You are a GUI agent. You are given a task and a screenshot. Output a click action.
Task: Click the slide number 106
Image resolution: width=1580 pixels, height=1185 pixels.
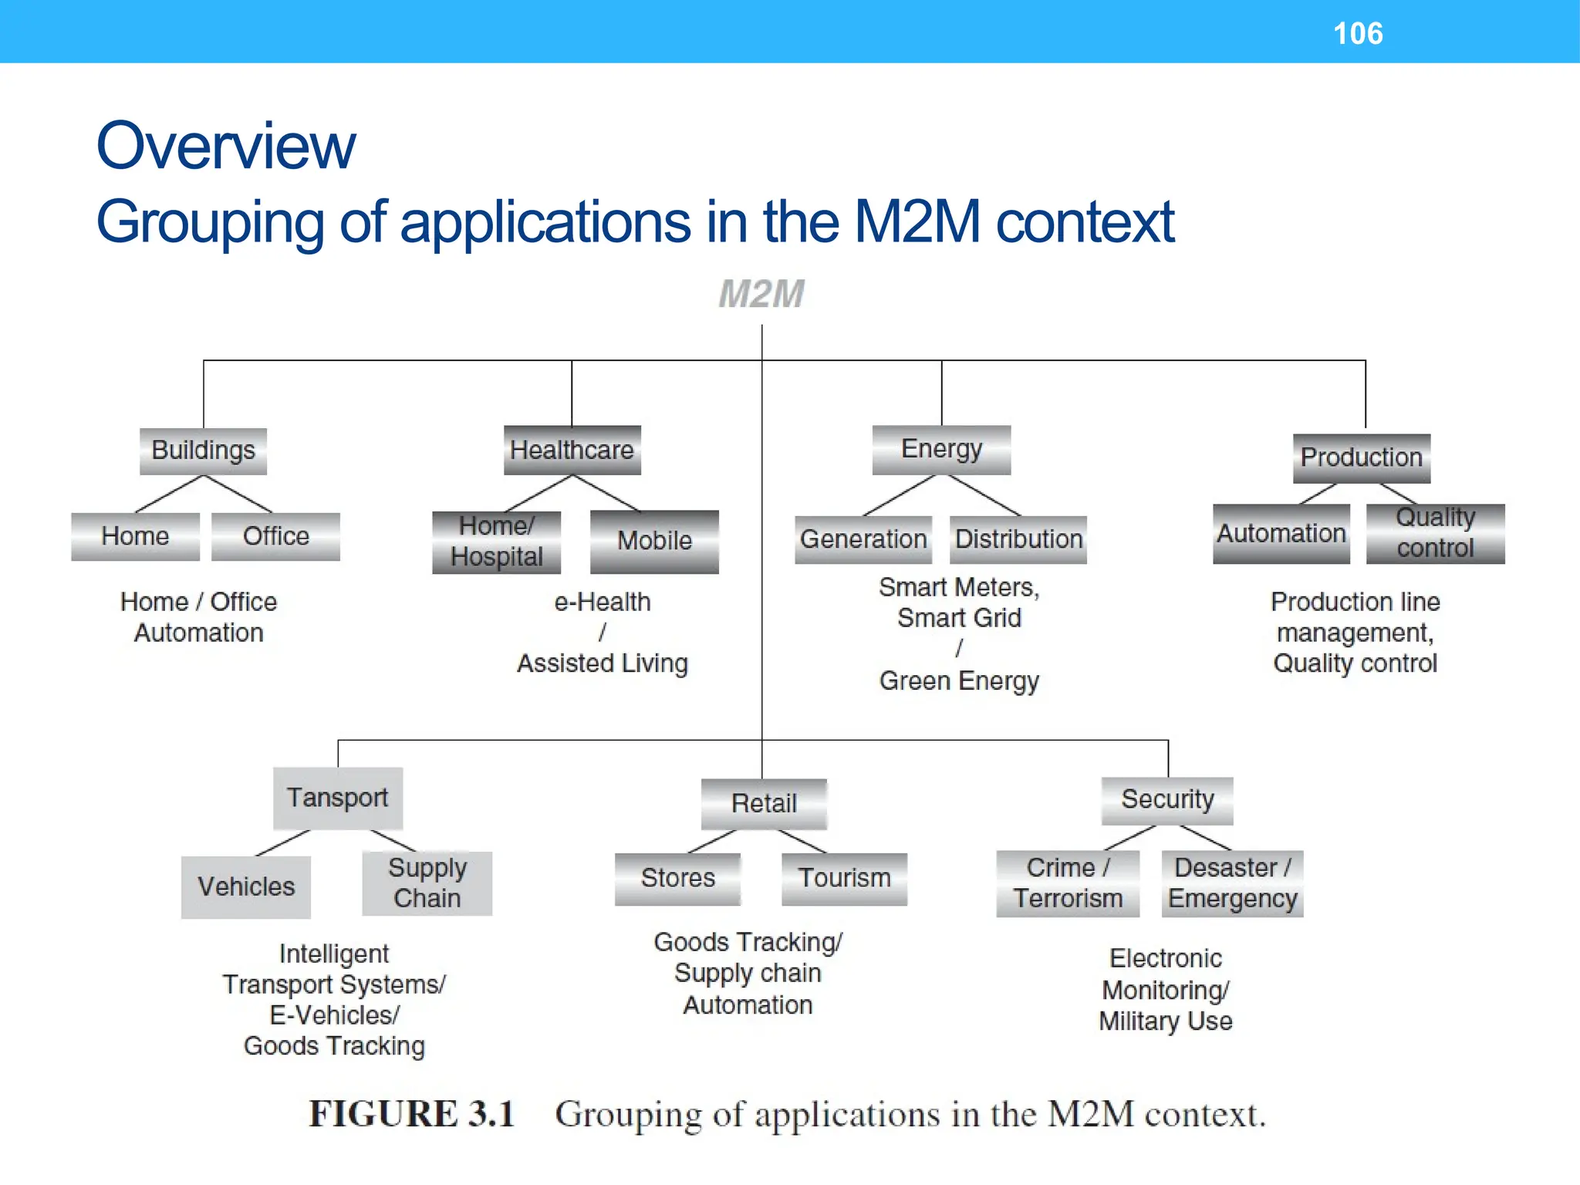[1358, 33]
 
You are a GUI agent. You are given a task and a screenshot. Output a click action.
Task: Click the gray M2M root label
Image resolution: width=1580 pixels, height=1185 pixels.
[761, 294]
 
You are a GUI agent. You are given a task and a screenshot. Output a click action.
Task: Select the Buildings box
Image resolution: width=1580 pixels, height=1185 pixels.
[203, 451]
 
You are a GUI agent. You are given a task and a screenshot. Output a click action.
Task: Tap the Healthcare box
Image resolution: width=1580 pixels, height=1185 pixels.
[572, 450]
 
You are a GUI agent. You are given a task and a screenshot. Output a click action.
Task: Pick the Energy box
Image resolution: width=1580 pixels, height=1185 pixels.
[941, 449]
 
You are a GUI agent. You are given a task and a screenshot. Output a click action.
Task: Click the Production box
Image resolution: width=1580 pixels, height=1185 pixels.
[1362, 457]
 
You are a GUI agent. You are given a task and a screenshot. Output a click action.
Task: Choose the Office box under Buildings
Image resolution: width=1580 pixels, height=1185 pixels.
[275, 536]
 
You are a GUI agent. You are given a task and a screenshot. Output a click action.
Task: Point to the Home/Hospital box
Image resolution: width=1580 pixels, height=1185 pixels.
[496, 542]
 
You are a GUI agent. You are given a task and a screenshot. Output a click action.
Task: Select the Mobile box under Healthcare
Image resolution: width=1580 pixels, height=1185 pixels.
[654, 541]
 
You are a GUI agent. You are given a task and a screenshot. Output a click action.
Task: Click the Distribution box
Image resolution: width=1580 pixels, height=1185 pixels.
[1018, 539]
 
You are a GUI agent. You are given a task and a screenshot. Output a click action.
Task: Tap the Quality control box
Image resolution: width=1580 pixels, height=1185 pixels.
[1435, 533]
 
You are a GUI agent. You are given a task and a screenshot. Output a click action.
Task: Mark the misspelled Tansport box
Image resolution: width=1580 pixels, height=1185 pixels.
[337, 798]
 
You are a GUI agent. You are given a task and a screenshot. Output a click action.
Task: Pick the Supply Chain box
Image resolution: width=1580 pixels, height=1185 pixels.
[427, 883]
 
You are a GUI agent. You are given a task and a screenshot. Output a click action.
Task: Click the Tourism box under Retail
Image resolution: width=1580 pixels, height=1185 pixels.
[844, 879]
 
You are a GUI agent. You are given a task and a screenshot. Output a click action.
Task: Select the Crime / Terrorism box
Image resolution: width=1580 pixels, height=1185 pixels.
[1068, 883]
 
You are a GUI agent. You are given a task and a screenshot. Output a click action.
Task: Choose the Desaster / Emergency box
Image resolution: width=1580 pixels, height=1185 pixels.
[1232, 883]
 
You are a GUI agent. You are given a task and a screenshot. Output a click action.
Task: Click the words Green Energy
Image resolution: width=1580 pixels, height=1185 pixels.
[959, 681]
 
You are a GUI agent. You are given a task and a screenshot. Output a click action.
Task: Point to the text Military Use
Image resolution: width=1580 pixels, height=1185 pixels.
[1165, 1021]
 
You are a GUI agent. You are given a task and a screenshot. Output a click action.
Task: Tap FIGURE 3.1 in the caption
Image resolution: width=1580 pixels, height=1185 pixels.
[411, 1114]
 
